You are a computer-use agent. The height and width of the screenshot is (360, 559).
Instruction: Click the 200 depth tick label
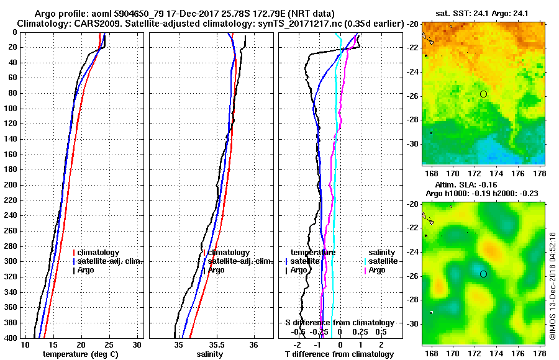point(10,185)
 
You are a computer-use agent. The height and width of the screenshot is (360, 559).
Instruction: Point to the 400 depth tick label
point(10,338)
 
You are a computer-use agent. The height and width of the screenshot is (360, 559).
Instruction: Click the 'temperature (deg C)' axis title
point(80,354)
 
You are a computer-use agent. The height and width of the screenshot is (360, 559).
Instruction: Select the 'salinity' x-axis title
point(209,354)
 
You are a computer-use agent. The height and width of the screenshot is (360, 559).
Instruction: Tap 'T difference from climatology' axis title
point(339,354)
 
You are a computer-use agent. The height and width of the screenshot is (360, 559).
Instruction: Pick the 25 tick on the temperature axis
point(109,344)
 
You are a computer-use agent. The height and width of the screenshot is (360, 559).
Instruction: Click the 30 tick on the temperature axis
point(137,344)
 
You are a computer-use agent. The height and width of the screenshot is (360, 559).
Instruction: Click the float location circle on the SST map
point(483,94)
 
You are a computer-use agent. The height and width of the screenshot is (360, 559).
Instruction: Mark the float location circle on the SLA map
point(483,274)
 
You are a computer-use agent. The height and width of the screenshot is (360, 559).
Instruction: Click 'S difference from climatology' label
point(339,323)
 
